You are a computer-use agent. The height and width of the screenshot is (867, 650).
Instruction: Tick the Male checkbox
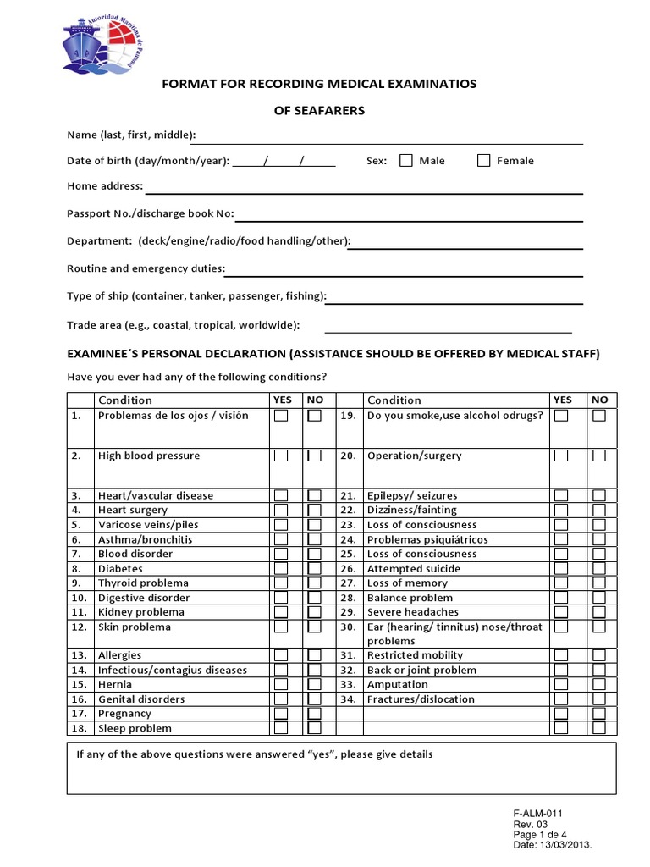(x=406, y=160)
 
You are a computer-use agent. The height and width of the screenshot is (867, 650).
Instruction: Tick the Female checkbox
(x=484, y=160)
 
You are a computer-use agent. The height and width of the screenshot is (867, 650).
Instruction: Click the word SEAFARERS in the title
(x=319, y=111)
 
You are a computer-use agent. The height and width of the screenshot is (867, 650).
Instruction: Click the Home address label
(x=105, y=186)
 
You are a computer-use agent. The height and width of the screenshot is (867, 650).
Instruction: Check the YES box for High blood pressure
(x=281, y=456)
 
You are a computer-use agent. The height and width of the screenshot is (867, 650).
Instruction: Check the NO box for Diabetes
(x=314, y=569)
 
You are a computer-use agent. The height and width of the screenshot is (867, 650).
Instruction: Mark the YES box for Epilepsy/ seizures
(x=561, y=495)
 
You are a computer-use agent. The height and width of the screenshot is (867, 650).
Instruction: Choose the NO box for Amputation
(x=599, y=684)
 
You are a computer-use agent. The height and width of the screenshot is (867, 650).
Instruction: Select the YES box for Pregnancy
(x=281, y=714)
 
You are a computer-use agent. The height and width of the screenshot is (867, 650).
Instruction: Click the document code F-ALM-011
(x=537, y=814)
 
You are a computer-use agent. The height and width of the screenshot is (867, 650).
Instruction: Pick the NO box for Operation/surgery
(x=599, y=456)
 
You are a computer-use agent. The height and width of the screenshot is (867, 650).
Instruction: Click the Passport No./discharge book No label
(x=150, y=214)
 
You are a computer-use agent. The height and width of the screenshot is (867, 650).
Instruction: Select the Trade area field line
(x=448, y=330)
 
